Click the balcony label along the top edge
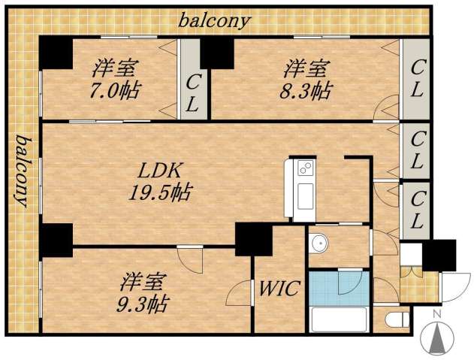214,20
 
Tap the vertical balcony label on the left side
23,171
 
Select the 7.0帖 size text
115,92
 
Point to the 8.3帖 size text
306,92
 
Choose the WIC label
279,287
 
